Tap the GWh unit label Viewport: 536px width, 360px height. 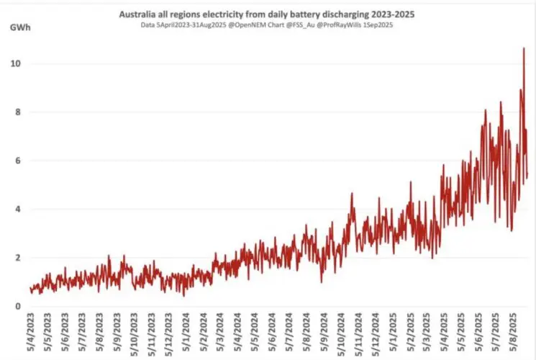[20, 28]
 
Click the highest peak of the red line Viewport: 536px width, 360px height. [524, 48]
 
